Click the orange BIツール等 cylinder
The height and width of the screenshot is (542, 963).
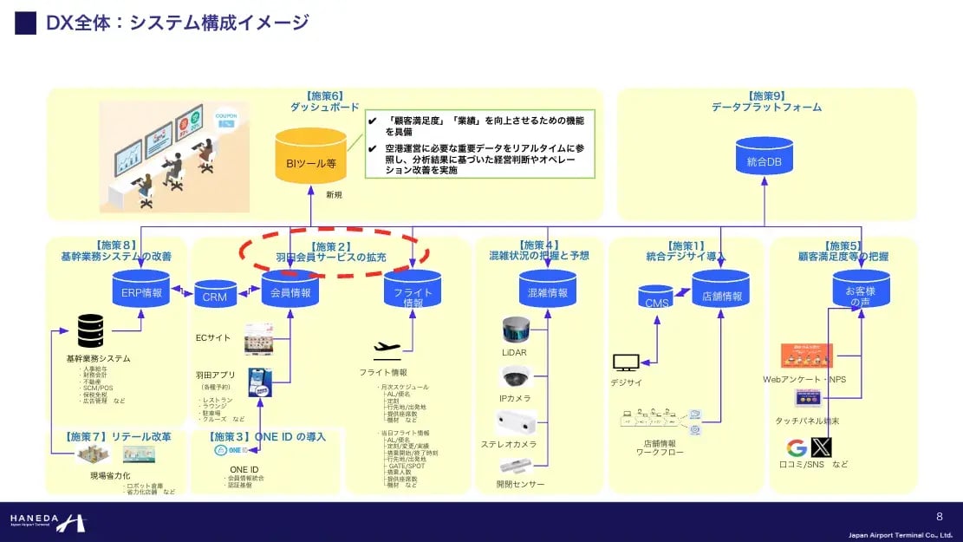pyautogui.click(x=310, y=156)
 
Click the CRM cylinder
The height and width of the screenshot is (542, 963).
pyautogui.click(x=215, y=295)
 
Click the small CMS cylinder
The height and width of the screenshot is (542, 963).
pyautogui.click(x=656, y=299)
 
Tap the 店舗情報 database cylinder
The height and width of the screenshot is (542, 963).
pyautogui.click(x=720, y=291)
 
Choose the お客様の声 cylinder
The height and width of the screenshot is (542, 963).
pyautogui.click(x=862, y=291)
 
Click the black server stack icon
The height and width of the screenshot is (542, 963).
pyautogui.click(x=91, y=331)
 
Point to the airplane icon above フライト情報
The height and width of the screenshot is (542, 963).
pyautogui.click(x=387, y=349)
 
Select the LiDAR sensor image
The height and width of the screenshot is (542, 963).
pyautogui.click(x=515, y=330)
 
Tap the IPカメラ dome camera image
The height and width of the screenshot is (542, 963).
pyautogui.click(x=515, y=376)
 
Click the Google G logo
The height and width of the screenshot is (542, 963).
pyautogui.click(x=797, y=447)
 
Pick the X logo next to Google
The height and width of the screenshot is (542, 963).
pyautogui.click(x=820, y=447)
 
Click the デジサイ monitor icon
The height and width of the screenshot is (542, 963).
pyautogui.click(x=625, y=362)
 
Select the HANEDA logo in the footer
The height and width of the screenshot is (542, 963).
pyautogui.click(x=49, y=522)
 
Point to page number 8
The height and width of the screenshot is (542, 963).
pyautogui.click(x=939, y=516)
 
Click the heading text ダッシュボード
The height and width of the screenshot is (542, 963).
pyautogui.click(x=324, y=108)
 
